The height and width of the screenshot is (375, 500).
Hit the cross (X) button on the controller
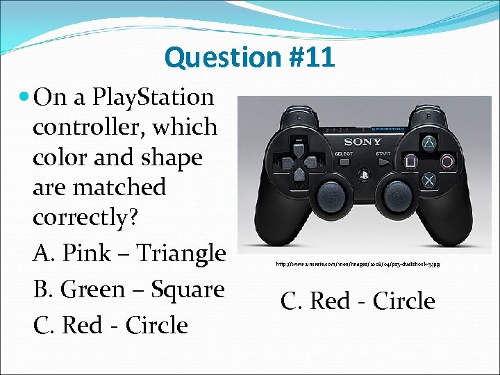[x=429, y=179]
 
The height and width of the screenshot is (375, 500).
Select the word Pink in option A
[x=85, y=253]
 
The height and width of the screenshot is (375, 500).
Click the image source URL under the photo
[x=357, y=264]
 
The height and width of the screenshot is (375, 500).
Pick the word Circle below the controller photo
[x=403, y=301]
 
